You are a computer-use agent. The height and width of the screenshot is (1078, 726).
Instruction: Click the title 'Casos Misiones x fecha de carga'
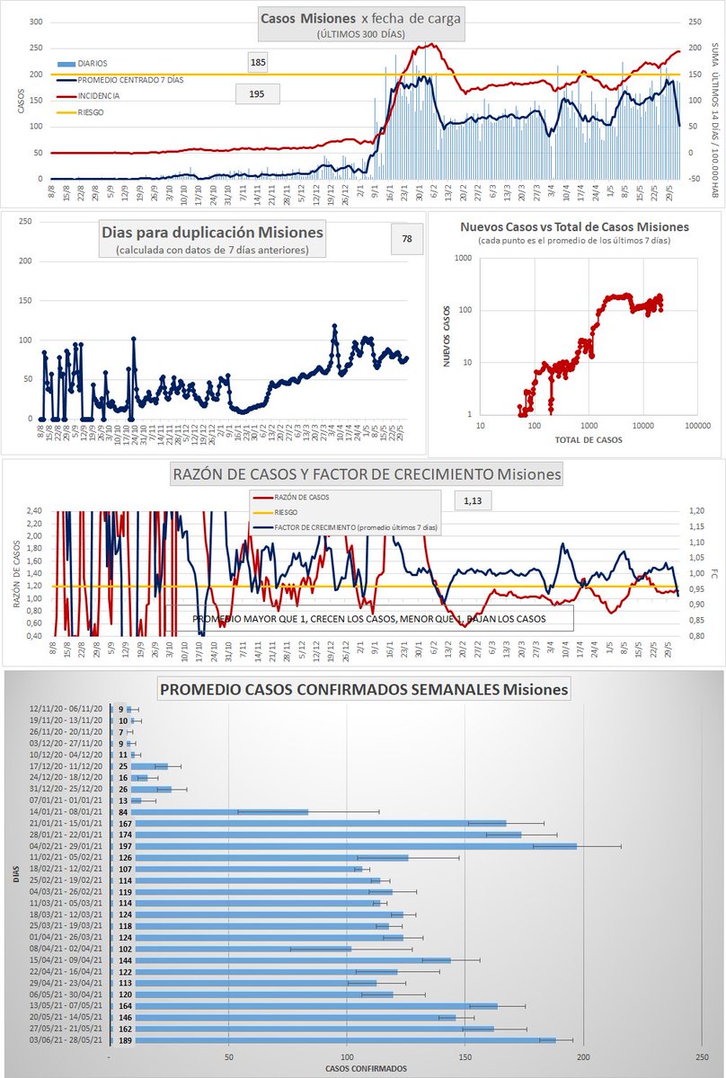click(362, 19)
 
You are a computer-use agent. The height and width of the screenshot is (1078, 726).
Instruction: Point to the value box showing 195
click(256, 93)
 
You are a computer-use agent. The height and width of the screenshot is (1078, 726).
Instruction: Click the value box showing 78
click(407, 239)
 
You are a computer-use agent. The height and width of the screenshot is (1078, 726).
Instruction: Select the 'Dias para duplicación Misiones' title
click(212, 232)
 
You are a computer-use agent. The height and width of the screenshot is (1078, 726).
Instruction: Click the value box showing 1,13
click(473, 500)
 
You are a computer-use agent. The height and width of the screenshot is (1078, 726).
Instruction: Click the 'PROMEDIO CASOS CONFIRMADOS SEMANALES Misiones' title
click(364, 690)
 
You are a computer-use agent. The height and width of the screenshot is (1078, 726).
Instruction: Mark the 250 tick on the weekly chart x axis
click(702, 1056)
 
